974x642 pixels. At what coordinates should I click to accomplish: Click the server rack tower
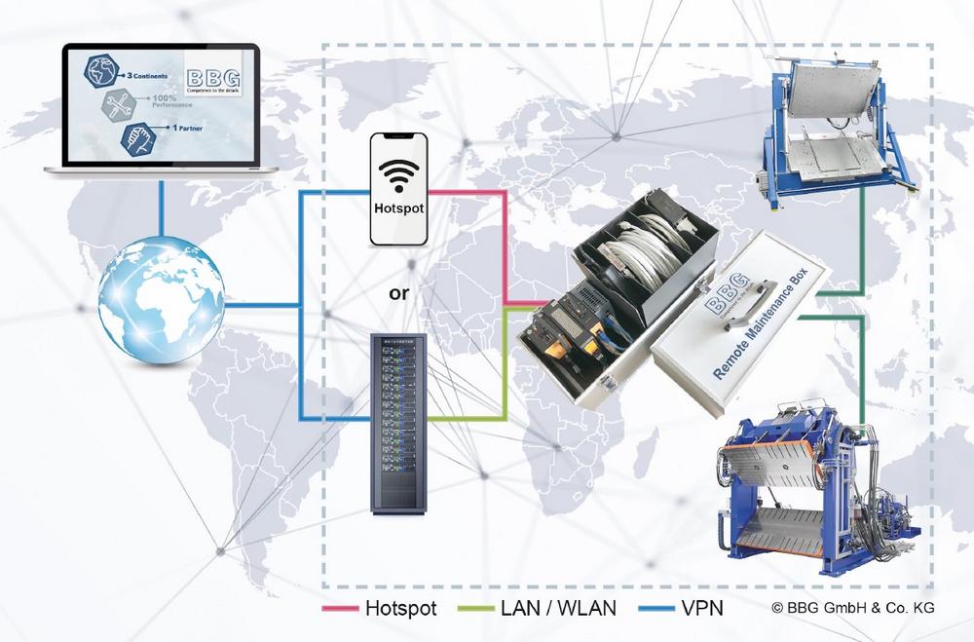tap(400, 423)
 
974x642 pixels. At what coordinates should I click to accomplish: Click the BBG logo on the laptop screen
tap(214, 78)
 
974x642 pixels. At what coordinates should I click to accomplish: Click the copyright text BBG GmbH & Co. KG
tap(853, 609)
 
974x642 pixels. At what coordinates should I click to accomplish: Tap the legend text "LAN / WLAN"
tap(560, 609)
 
